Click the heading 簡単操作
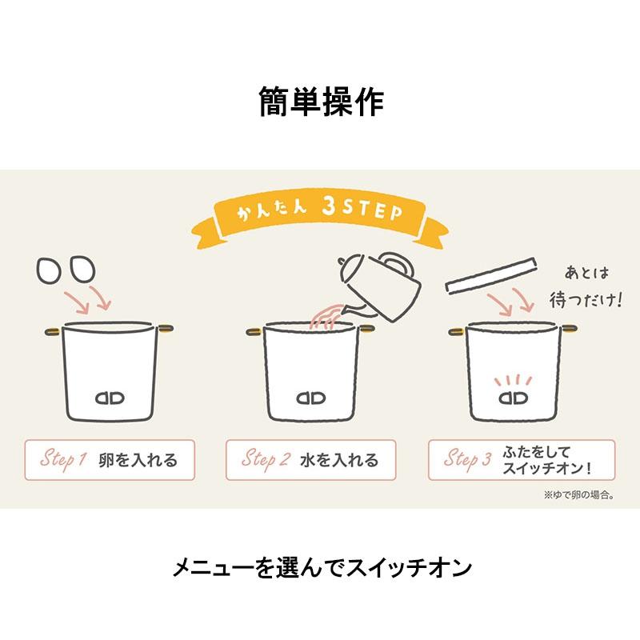(x=322, y=102)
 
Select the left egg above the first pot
(x=49, y=270)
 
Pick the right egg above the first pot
(x=82, y=269)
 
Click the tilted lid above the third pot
(x=490, y=274)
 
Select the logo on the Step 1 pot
(x=110, y=398)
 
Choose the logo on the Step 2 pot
(x=311, y=398)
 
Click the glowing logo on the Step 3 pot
(x=514, y=397)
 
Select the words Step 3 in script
(x=468, y=459)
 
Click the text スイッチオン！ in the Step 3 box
(x=547, y=468)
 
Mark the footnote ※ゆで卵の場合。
(x=579, y=495)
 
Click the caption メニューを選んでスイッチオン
(x=322, y=567)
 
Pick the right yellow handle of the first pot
(x=166, y=328)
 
